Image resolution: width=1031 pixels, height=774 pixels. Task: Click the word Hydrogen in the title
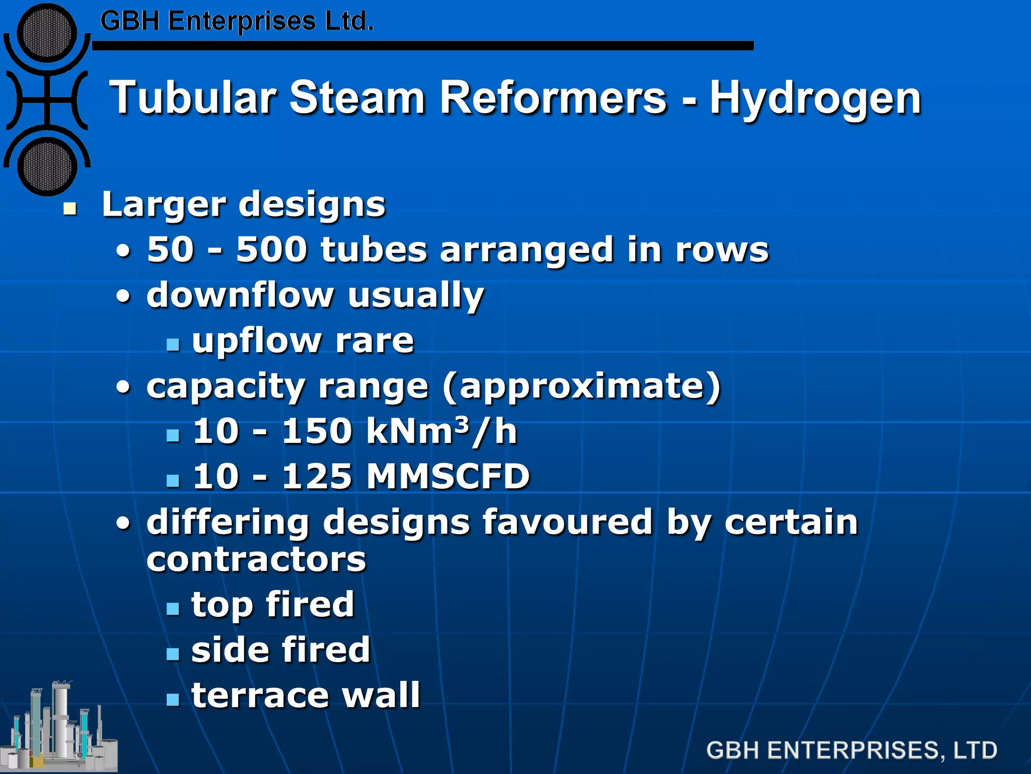(x=816, y=99)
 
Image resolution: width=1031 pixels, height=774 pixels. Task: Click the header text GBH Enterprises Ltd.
(x=237, y=22)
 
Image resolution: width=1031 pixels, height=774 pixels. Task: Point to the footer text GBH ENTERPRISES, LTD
(x=851, y=750)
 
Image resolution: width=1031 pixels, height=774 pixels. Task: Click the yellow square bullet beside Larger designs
(x=70, y=208)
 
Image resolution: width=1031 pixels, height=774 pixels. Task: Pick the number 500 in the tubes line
(x=271, y=249)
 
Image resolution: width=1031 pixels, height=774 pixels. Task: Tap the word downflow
(x=240, y=295)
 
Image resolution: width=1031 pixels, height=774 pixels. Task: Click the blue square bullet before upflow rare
(x=173, y=344)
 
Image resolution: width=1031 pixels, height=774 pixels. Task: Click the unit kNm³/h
(x=441, y=431)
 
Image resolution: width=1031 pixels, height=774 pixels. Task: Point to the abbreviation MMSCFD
(x=448, y=476)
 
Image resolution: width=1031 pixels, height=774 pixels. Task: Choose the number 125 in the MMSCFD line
(x=316, y=476)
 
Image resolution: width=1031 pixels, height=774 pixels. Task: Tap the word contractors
(x=256, y=560)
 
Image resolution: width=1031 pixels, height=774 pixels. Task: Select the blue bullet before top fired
(x=173, y=608)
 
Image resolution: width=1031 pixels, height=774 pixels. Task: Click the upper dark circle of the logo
(x=47, y=33)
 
